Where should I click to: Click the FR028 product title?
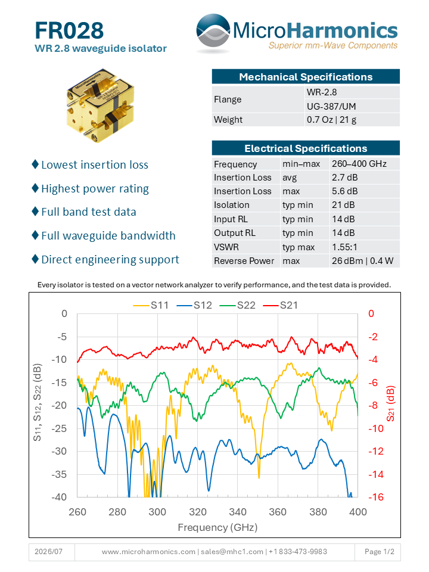69,30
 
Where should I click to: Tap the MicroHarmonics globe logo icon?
213,33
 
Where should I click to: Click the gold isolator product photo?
100,105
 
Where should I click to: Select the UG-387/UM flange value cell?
331,106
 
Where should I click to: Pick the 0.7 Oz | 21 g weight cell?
331,120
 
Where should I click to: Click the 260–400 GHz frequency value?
359,164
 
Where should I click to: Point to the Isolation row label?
232,205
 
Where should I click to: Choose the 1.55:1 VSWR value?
344,247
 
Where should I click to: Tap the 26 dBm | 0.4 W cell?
362,261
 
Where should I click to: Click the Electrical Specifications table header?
306,148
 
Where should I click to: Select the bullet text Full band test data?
89,212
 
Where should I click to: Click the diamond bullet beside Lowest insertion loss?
35,164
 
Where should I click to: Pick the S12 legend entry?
194,305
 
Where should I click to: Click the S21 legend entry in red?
280,305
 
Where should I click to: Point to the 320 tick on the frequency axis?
198,512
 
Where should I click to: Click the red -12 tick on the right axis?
376,451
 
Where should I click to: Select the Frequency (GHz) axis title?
218,527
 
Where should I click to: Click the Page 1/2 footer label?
380,552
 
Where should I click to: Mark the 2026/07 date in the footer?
48,552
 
